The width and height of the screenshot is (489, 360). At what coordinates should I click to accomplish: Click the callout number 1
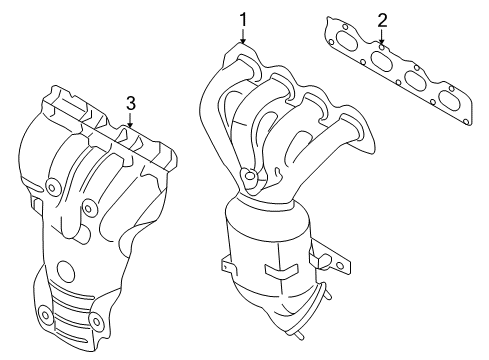point(241,17)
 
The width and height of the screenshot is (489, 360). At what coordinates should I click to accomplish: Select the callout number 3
point(130,102)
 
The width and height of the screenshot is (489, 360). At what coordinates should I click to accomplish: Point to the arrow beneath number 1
point(241,39)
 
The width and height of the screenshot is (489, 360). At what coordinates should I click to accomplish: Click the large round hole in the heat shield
point(66,271)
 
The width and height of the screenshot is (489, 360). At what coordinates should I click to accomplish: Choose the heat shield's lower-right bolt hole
point(96,323)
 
